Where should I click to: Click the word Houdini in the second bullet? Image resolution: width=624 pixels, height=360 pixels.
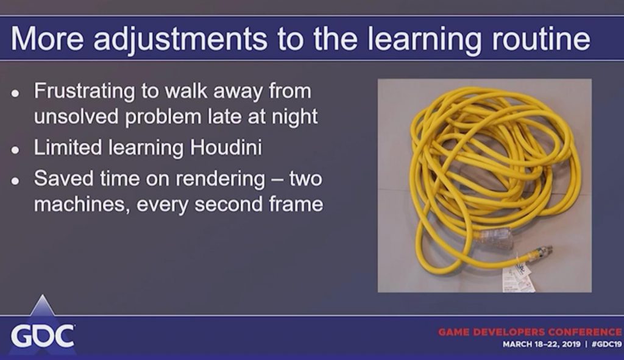click(x=225, y=147)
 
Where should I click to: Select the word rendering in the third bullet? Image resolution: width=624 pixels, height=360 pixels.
click(x=220, y=180)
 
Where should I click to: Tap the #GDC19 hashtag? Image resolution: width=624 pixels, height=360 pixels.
click(x=606, y=344)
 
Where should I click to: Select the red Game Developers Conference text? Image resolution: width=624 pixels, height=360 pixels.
click(x=530, y=332)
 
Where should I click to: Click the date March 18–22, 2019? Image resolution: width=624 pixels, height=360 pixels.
click(x=542, y=344)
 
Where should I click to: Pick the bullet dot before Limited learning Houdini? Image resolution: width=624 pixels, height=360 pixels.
click(x=15, y=150)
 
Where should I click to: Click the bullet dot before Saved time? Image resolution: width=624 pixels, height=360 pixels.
click(x=15, y=181)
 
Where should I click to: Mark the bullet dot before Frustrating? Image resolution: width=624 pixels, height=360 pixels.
click(x=15, y=93)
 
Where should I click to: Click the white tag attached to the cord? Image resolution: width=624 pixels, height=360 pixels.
click(x=518, y=278)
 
